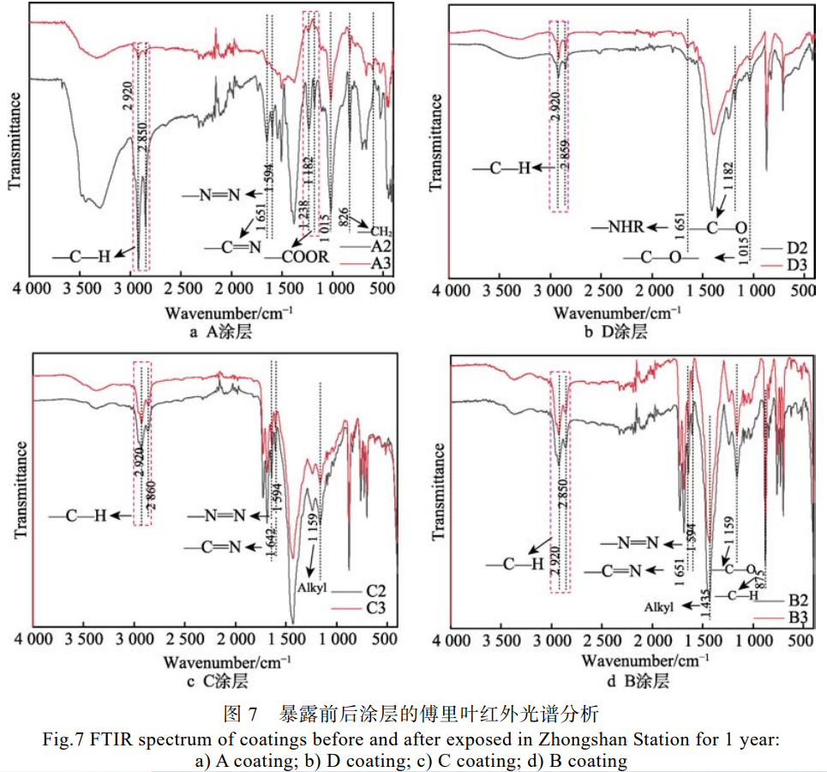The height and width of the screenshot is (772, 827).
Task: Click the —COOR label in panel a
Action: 297,257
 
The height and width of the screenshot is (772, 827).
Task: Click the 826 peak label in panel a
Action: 343,218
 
